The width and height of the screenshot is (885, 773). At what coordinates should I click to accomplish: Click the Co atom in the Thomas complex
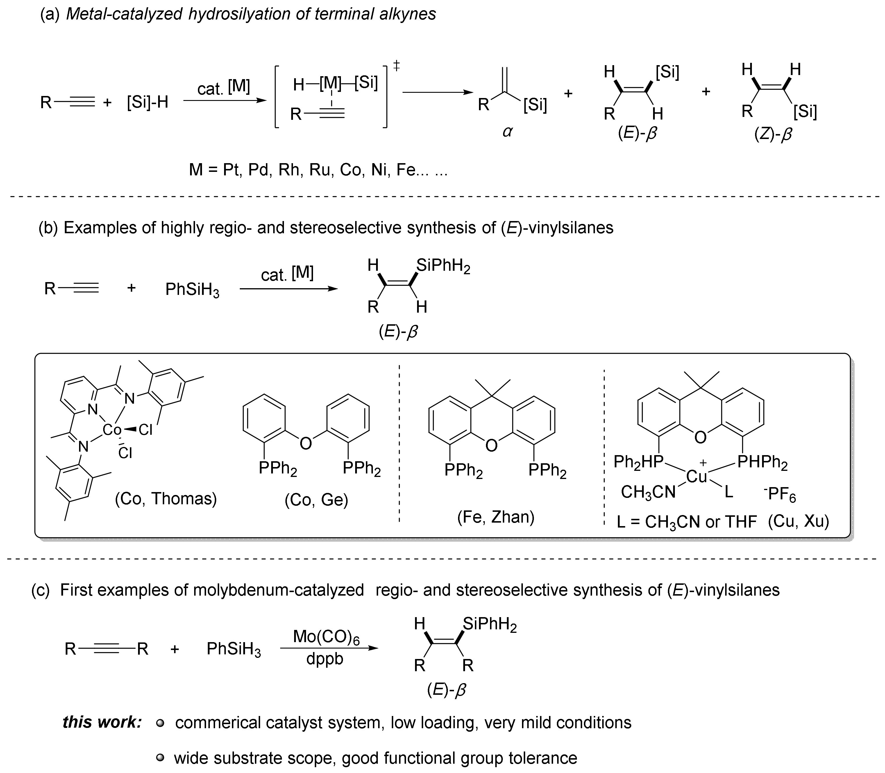coord(112,429)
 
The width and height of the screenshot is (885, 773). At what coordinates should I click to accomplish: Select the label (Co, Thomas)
coord(166,499)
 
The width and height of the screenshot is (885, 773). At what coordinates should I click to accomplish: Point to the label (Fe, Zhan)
coord(496,517)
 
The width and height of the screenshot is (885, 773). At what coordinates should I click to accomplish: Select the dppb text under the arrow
coord(325,659)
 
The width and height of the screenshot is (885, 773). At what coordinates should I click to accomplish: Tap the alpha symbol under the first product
coord(507,131)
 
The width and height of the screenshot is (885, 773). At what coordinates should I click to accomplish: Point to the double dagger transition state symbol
coord(397,66)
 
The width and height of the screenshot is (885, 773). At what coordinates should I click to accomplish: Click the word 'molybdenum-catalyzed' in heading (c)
coord(278,590)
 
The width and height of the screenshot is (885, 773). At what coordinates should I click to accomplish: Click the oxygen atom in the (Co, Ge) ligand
coord(306,443)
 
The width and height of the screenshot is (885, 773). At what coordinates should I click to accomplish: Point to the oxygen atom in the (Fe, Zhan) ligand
coord(491,446)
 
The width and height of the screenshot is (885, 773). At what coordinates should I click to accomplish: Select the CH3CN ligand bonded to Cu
coord(648,492)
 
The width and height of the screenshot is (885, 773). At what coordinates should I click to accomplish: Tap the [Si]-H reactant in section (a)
coord(147,103)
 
